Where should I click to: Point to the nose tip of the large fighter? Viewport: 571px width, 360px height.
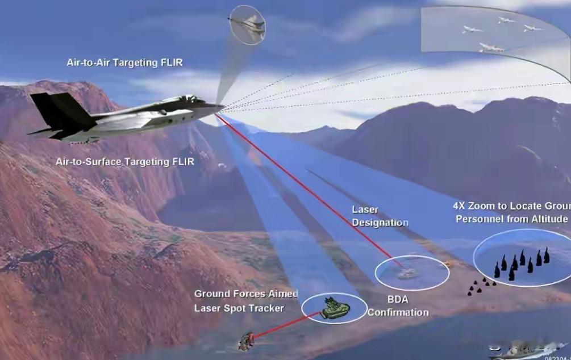(x=223, y=105)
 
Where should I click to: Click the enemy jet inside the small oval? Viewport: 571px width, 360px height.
(x=248, y=25)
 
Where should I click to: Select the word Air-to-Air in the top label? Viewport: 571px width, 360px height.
(x=89, y=62)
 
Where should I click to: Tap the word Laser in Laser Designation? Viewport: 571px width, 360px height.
(x=365, y=210)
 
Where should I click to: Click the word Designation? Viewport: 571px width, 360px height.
(x=380, y=223)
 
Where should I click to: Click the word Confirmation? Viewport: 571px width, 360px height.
(x=398, y=312)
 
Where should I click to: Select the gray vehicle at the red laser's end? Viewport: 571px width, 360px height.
(x=407, y=274)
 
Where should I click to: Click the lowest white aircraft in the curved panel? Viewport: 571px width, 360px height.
(x=490, y=48)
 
